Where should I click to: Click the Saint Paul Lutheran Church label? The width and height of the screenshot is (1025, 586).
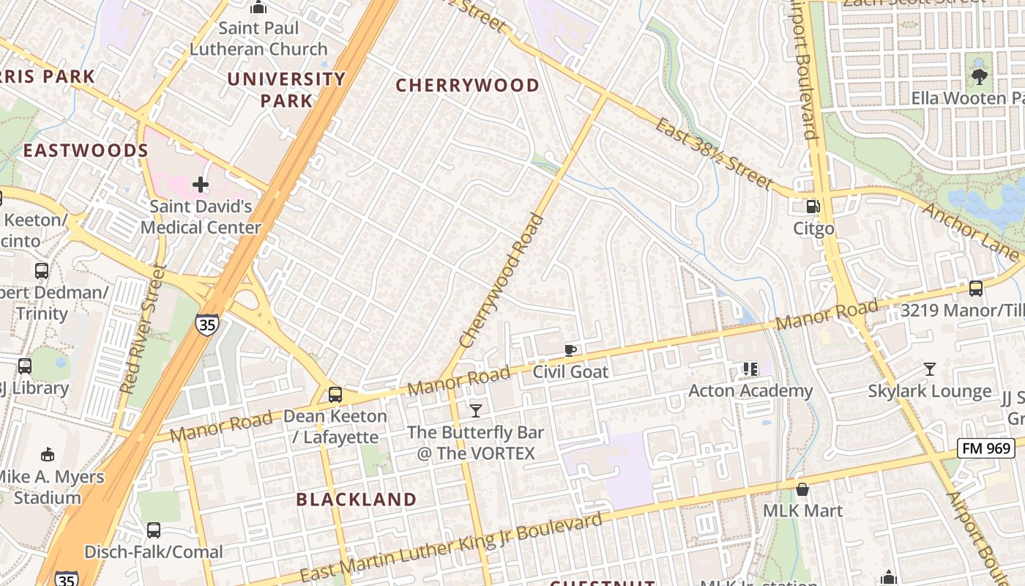tap(258, 39)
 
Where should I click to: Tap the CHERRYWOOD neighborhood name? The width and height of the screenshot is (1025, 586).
tap(467, 86)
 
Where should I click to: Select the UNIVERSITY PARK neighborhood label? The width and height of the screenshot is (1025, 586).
tap(286, 89)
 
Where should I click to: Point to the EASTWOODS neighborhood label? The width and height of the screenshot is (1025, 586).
tap(86, 151)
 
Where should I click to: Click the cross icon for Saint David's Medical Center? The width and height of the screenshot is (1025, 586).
tap(201, 185)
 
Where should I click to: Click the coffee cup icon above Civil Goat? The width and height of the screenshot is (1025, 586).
tap(570, 350)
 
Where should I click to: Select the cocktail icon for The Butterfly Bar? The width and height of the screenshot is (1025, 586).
tap(476, 410)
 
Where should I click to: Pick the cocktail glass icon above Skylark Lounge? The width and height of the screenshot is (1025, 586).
tap(929, 369)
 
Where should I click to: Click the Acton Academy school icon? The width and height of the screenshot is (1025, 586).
tap(750, 369)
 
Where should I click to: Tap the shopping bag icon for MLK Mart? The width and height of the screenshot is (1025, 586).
tap(802, 489)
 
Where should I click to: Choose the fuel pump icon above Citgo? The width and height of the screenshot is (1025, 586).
tap(813, 207)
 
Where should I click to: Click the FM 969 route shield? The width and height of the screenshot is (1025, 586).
tap(985, 448)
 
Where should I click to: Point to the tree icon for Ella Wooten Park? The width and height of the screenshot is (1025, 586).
tap(979, 75)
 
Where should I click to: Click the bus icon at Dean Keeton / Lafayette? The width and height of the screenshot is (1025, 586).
tap(335, 395)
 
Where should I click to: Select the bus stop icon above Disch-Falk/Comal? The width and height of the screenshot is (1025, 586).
tap(153, 530)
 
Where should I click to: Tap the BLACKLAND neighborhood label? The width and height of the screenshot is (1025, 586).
tap(357, 500)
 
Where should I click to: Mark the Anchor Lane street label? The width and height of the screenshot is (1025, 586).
tap(969, 231)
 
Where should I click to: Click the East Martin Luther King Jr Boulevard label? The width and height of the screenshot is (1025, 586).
tap(451, 547)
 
